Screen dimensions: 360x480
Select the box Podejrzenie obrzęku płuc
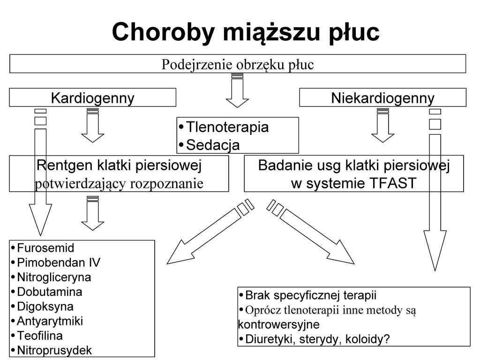(x=238, y=64)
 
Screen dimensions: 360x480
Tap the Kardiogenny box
(x=92, y=98)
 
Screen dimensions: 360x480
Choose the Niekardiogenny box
(x=382, y=98)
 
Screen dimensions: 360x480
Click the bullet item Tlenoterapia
(x=227, y=127)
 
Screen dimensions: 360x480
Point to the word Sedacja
(x=213, y=145)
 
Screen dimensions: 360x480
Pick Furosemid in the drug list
(x=45, y=247)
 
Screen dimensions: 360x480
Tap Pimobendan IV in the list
(x=59, y=262)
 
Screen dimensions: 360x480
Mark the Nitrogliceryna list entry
(x=54, y=277)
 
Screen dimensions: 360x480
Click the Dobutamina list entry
(x=49, y=292)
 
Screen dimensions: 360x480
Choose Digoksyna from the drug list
(x=45, y=307)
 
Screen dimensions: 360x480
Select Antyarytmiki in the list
(x=50, y=321)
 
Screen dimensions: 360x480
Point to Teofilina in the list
(x=40, y=336)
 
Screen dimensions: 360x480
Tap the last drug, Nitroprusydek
(x=54, y=350)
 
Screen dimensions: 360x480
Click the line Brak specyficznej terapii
(x=311, y=295)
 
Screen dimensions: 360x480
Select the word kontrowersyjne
(x=278, y=324)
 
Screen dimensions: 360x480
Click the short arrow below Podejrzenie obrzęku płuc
(x=237, y=91)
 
